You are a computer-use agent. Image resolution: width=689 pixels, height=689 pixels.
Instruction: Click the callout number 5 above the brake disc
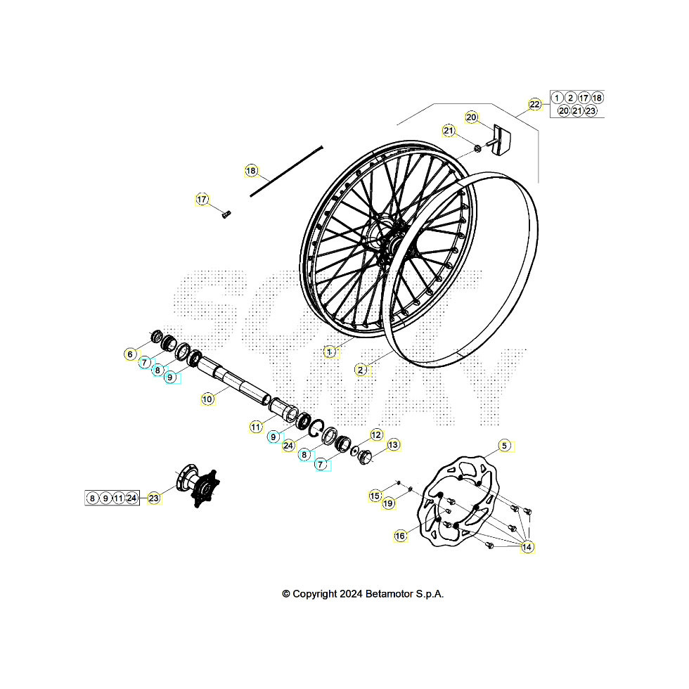(x=504, y=445)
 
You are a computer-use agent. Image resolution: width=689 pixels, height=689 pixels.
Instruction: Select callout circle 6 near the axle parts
(x=130, y=354)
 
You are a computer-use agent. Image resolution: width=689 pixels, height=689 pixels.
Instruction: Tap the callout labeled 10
(x=207, y=399)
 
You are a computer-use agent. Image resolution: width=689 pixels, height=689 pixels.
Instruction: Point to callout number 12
(x=376, y=435)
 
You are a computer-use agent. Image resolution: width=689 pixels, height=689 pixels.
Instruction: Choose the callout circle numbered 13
(x=393, y=445)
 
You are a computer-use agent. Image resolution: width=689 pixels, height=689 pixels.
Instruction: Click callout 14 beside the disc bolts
(x=527, y=546)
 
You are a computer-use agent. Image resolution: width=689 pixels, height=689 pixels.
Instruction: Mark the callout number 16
(x=400, y=536)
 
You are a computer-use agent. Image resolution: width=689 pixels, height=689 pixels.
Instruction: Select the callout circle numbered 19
(x=388, y=503)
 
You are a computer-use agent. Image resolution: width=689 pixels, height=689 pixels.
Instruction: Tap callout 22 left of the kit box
(x=535, y=104)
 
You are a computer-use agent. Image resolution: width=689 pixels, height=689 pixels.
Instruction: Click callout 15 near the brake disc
(x=375, y=496)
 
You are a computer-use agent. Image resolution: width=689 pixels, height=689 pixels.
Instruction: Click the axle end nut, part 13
(x=366, y=458)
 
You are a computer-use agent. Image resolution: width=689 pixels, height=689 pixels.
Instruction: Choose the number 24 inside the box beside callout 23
(x=131, y=498)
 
